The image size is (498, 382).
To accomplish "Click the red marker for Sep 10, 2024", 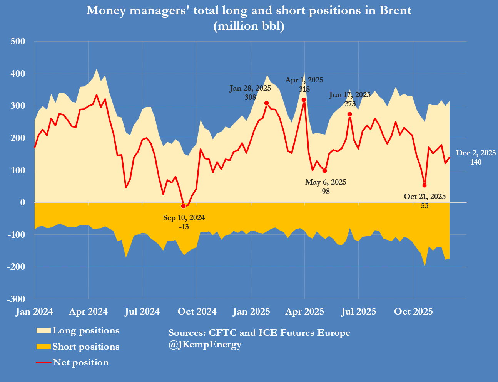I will [183, 206].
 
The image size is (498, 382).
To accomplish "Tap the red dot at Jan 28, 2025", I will [266, 103].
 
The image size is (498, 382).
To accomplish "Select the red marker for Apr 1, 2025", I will [304, 100].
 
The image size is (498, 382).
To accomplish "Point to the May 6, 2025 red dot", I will [324, 170].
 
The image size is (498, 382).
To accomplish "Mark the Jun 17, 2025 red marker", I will [349, 114].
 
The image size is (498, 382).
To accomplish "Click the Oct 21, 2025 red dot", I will [424, 185].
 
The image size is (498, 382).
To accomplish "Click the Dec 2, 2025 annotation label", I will [476, 153].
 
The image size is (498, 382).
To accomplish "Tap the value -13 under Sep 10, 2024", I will [184, 227].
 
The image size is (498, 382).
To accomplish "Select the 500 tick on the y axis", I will [17, 41].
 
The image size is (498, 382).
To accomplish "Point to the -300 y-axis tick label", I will [16, 299].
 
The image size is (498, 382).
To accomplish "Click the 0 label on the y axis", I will [23, 202].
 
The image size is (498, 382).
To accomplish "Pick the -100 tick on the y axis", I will [16, 234].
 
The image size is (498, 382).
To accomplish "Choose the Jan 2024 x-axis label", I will [34, 311].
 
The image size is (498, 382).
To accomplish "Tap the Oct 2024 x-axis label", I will [197, 311].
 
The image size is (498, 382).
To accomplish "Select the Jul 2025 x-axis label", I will [358, 311].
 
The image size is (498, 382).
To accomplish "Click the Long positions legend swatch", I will [43, 331].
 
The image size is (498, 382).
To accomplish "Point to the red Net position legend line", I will [43, 363].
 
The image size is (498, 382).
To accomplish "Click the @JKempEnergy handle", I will [205, 345].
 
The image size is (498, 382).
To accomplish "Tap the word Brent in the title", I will [396, 10].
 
